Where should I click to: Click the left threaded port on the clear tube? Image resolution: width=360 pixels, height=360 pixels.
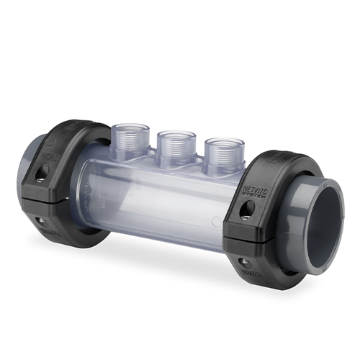(131, 135)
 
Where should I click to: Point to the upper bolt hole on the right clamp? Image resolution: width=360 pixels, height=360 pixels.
(248, 209)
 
